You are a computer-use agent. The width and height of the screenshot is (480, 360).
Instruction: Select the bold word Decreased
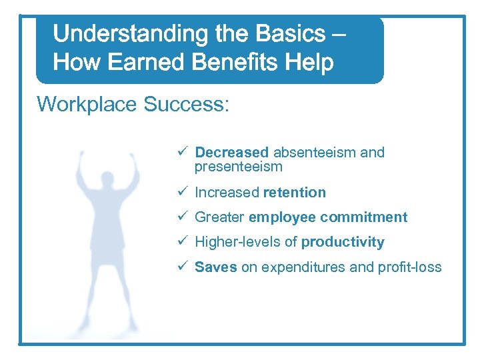[x=231, y=153]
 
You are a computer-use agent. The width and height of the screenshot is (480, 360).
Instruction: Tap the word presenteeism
[x=238, y=167]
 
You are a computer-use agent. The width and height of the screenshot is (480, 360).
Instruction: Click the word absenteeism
[x=315, y=153]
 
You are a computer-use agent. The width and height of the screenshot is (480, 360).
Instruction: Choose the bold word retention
[x=295, y=193]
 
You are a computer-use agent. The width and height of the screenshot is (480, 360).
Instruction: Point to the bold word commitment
[x=364, y=217]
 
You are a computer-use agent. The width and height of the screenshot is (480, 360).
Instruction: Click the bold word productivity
[x=343, y=242]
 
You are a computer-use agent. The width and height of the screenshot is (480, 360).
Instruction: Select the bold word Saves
[x=215, y=267]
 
